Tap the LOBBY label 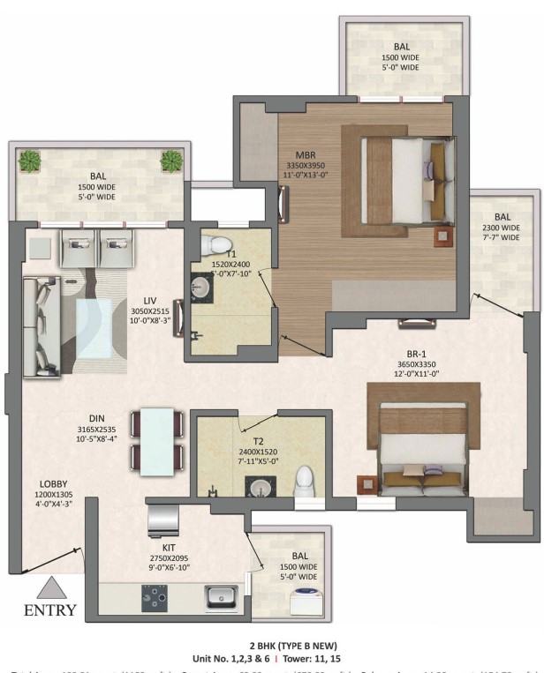pyautogui.click(x=52, y=485)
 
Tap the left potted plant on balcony pyautogui.click(x=31, y=161)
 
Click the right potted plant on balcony pyautogui.click(x=170, y=161)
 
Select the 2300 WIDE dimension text pyautogui.click(x=502, y=227)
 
